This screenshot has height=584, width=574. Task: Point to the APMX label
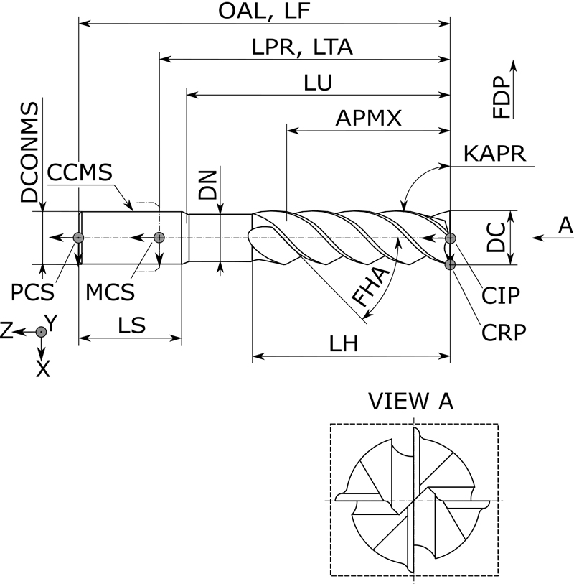[x=369, y=118]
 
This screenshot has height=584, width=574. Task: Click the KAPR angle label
[x=495, y=154]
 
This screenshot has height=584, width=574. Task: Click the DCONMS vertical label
[x=29, y=152]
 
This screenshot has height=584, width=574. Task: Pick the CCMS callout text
[x=80, y=173]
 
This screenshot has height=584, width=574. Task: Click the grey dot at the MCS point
[x=159, y=238]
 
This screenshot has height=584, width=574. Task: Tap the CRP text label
[x=504, y=332]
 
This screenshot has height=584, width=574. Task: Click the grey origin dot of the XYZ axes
[x=42, y=331]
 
